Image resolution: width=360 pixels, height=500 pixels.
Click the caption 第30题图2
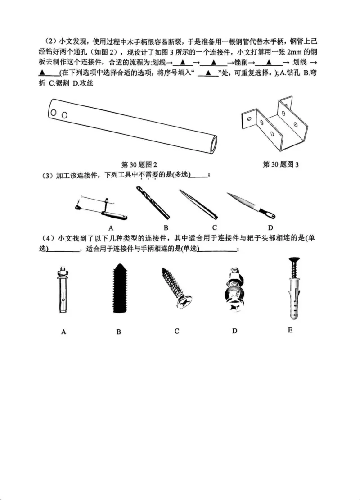(x=139, y=164)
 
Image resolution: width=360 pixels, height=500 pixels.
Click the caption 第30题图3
(x=281, y=164)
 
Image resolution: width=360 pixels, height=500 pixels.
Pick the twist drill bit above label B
(x=153, y=202)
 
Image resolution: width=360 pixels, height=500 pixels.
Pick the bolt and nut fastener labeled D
(x=234, y=291)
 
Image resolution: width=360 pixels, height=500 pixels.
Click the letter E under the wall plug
(x=290, y=330)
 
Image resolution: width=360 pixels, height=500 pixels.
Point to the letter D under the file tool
(x=270, y=227)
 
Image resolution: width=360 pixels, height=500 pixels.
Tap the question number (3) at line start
(x=48, y=175)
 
